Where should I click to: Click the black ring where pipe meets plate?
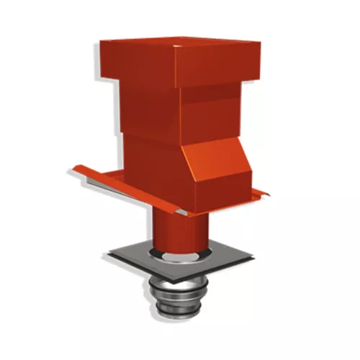coord(153,254)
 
